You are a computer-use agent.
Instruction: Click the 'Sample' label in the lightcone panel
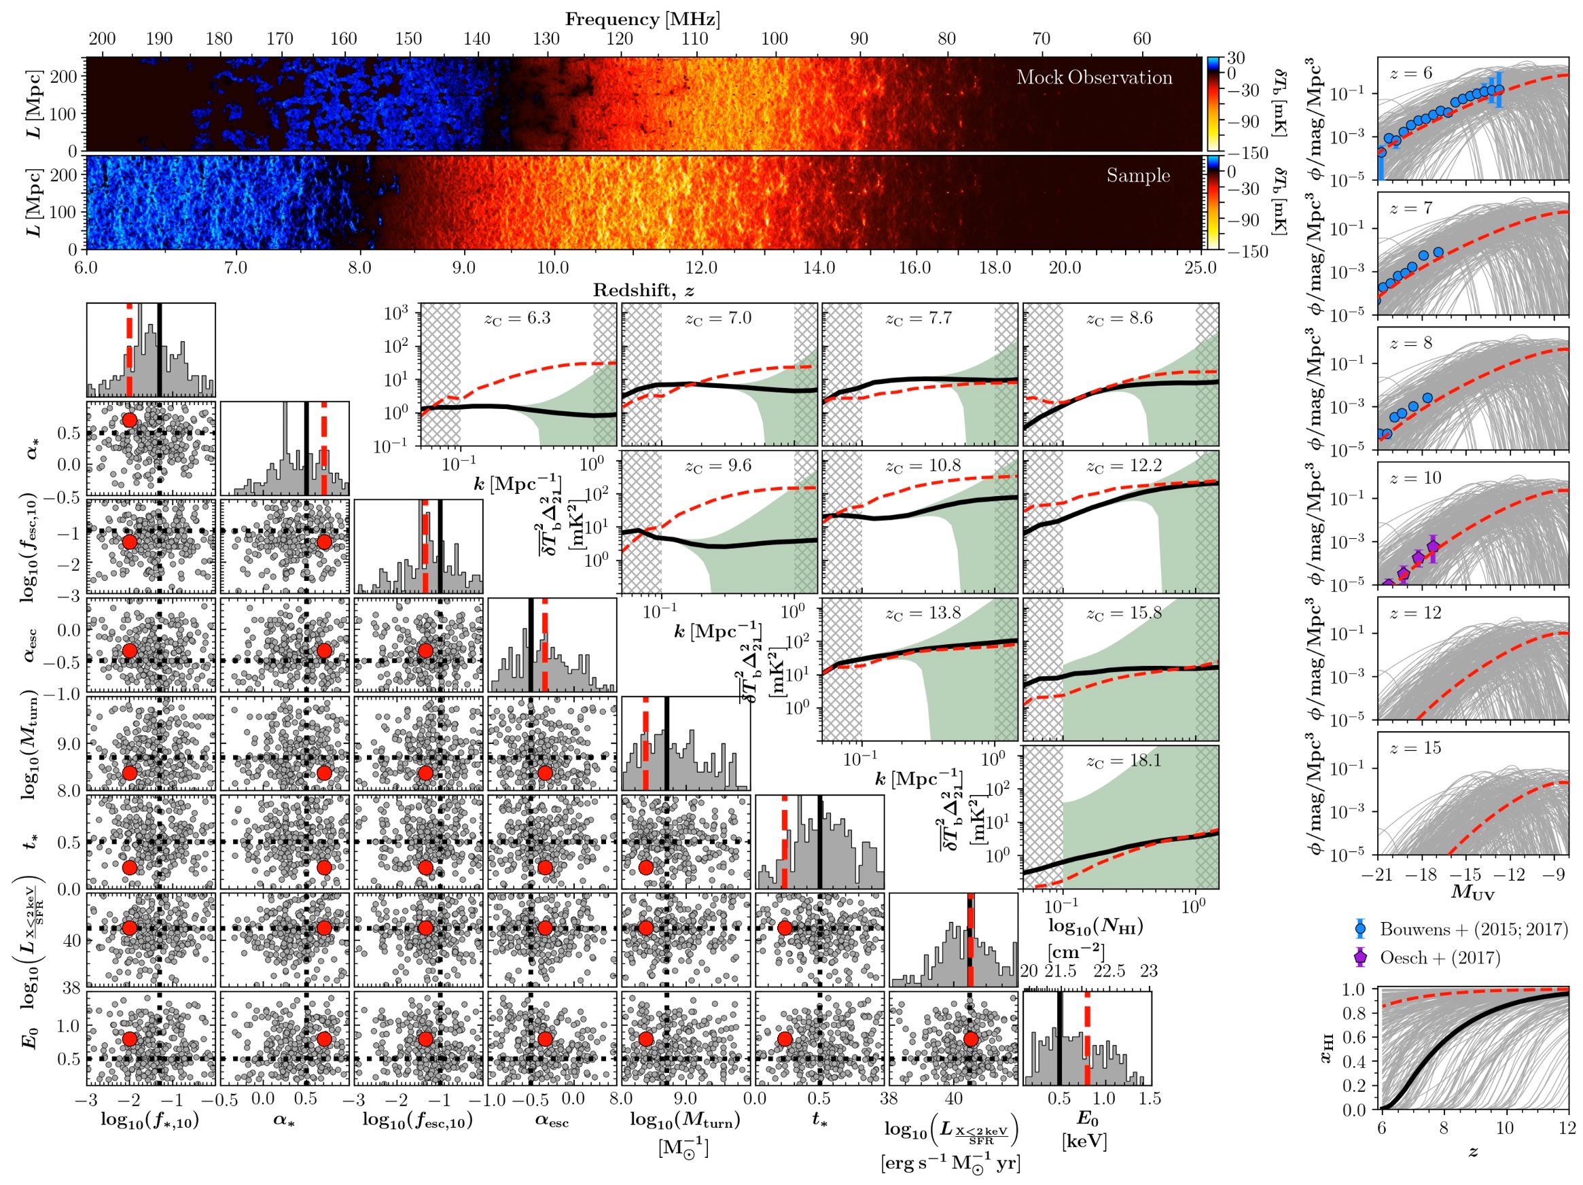coord(1138,175)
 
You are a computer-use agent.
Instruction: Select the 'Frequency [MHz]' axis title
coord(642,19)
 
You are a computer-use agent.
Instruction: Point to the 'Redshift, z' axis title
coord(642,290)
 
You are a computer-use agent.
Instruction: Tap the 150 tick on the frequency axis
coord(408,39)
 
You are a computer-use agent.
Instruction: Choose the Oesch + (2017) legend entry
coord(1439,957)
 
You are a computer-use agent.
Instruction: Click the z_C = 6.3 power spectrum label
coord(518,319)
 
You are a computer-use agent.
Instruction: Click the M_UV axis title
coord(1472,891)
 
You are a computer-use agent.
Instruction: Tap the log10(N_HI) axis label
coord(1096,926)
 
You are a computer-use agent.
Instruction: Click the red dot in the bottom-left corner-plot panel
coord(130,1039)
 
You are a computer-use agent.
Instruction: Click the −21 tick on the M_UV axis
coord(1381,874)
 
